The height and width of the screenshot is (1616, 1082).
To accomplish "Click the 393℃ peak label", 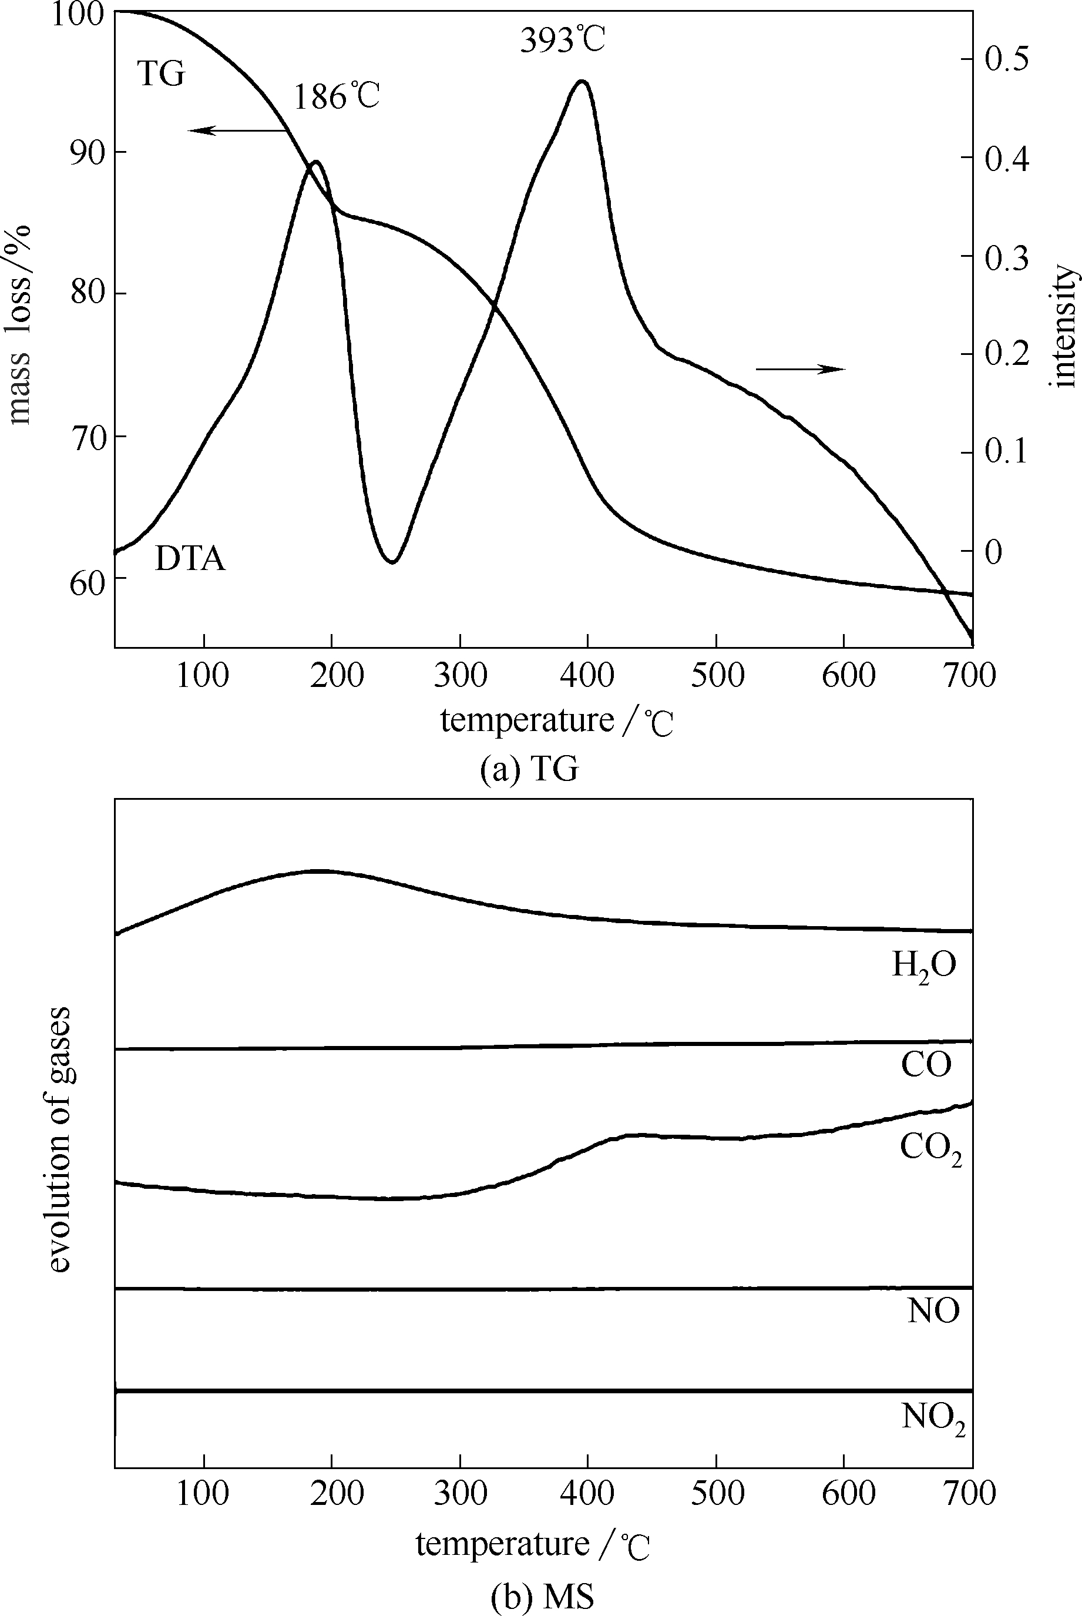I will (x=562, y=41).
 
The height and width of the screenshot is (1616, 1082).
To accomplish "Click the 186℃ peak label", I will (x=337, y=96).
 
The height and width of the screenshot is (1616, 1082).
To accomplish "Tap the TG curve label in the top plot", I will (x=162, y=73).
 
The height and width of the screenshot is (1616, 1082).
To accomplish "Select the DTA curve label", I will (x=190, y=558).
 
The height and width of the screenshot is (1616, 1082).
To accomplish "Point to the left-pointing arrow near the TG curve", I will (x=238, y=130).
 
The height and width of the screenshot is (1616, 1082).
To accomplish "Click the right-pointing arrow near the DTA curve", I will (x=800, y=368).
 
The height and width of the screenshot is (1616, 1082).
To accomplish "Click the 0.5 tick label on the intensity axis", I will (x=1006, y=59).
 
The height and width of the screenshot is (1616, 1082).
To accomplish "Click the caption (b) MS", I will (x=542, y=1591).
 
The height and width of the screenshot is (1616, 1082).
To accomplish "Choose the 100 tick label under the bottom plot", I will (x=202, y=1493).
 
